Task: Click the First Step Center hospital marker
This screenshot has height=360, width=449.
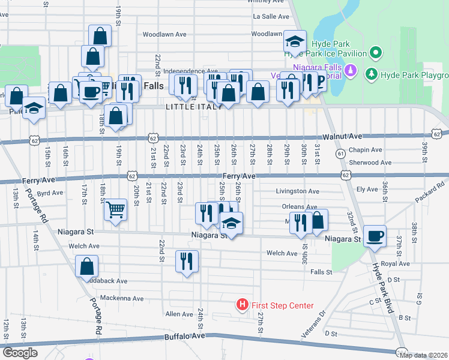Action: point(242,305)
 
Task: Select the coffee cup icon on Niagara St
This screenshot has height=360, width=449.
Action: point(375,236)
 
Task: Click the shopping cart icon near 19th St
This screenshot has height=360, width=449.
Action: point(115,209)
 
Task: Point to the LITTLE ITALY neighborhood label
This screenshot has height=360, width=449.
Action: point(189,107)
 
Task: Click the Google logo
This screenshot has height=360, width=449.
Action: point(20,353)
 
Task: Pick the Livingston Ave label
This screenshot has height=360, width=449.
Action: point(297,191)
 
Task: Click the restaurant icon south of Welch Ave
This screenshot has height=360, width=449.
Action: point(187,261)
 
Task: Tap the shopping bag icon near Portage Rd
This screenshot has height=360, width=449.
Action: point(87,266)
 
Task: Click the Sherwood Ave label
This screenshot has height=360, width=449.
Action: point(371,163)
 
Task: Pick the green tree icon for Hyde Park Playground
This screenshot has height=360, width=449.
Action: point(372,74)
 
